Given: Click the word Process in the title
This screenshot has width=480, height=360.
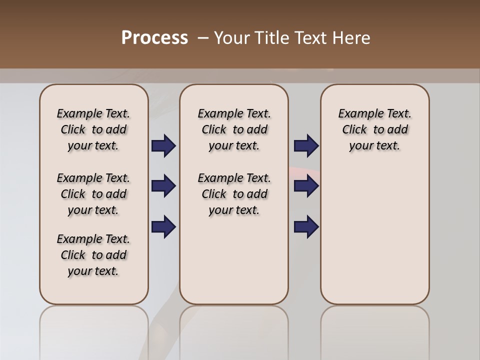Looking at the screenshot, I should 154,38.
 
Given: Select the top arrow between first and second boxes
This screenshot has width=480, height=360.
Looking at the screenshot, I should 163,146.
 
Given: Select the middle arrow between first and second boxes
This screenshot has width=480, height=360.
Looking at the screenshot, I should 163,186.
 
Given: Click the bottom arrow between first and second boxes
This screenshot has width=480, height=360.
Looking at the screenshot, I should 163,227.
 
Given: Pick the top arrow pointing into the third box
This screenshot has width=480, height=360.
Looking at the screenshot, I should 306,146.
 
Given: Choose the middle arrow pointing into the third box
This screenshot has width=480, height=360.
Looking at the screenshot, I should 306,186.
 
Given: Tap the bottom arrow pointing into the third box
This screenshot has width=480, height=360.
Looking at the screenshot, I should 306,227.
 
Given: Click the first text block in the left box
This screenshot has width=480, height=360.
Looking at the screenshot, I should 93,130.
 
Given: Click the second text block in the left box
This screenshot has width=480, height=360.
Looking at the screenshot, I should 93,194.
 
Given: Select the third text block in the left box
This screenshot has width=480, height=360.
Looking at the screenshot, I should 93,255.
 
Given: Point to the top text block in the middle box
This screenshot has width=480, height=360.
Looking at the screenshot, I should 234,130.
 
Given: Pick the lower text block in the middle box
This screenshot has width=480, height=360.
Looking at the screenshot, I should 234,194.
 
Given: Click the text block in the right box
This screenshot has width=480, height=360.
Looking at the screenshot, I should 374,130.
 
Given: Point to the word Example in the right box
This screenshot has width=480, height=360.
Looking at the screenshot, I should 357,114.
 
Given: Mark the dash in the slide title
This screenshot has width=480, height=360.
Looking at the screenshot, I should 203,38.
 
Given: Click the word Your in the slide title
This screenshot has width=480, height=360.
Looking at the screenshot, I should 231,38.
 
